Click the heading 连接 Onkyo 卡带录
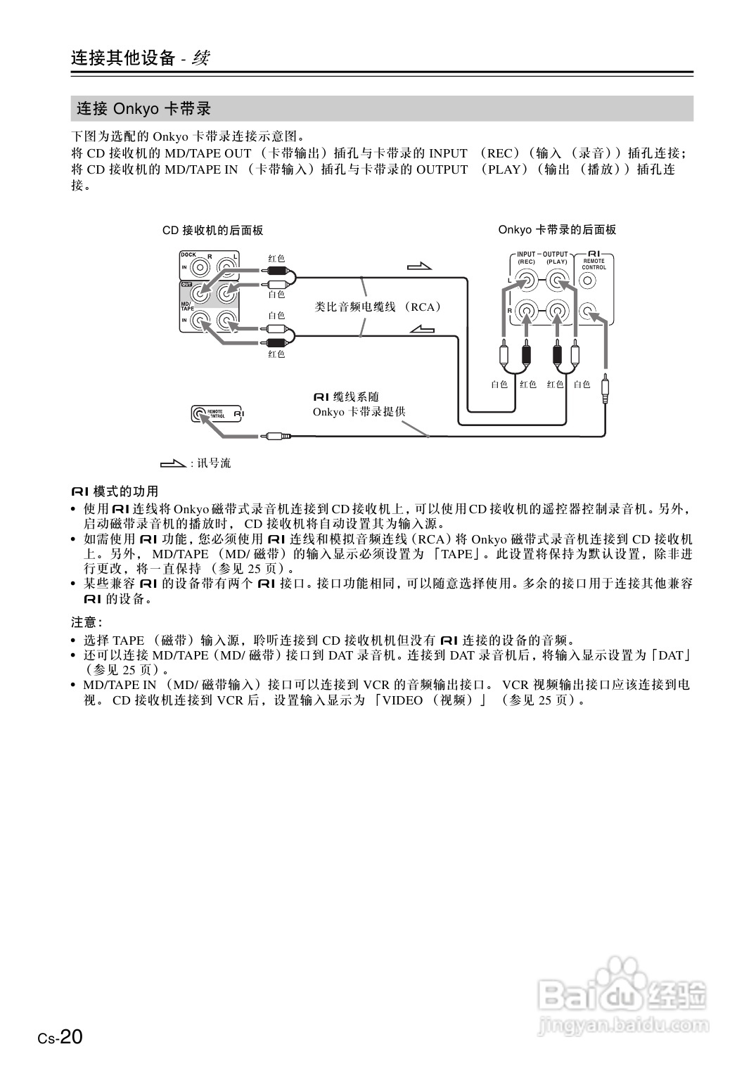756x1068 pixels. (x=144, y=109)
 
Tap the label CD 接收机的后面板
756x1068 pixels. (x=213, y=231)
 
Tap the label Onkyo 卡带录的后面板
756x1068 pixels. (x=557, y=230)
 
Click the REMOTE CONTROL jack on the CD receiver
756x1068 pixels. (x=200, y=414)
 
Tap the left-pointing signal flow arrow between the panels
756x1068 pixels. (x=421, y=329)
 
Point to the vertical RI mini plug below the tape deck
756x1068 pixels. (x=605, y=388)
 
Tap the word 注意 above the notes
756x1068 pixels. (x=85, y=622)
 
